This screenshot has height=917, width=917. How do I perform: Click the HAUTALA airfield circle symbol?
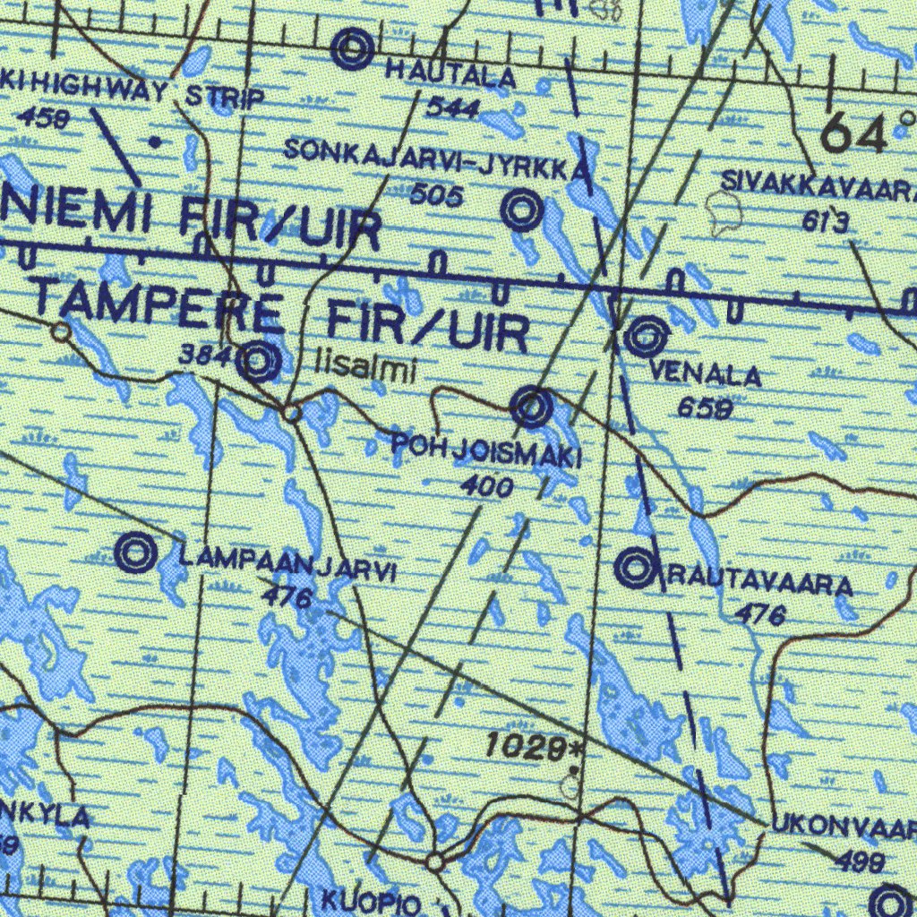[x=353, y=49]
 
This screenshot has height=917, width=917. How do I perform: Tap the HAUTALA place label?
[x=450, y=75]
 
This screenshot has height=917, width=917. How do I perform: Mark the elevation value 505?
[x=437, y=194]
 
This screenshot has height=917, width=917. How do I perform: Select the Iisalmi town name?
[x=365, y=367]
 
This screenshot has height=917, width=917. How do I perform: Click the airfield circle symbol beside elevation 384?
[x=260, y=363]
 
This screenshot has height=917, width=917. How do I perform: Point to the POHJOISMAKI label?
[x=486, y=450]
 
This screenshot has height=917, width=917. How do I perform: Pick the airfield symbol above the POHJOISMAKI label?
[x=532, y=407]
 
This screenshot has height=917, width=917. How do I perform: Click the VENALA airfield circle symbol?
[x=647, y=338]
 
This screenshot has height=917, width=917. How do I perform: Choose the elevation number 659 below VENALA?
[x=706, y=408]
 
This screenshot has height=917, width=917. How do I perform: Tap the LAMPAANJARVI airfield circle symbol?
[x=135, y=552]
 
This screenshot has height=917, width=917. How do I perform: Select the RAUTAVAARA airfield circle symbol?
[x=636, y=567]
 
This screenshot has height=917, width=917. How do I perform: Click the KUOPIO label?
[x=370, y=901]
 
